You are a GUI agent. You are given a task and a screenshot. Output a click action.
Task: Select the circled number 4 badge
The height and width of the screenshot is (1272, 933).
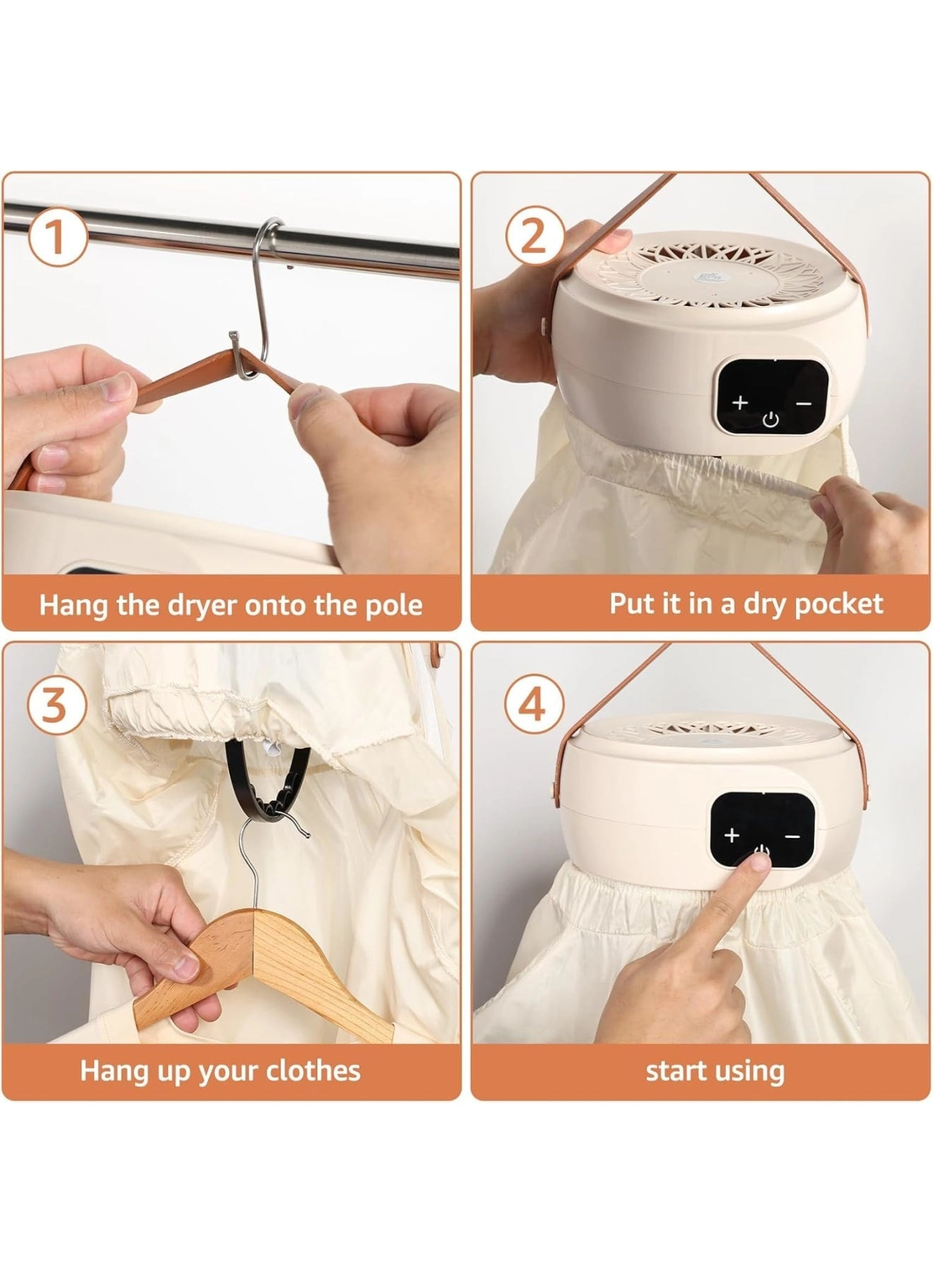click(534, 706)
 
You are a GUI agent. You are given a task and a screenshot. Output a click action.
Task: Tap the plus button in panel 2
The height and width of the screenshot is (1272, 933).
click(739, 403)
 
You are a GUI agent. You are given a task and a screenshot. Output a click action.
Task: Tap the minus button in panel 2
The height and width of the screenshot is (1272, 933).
click(804, 403)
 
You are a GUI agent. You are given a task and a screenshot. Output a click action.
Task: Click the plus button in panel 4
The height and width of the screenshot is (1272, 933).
click(732, 836)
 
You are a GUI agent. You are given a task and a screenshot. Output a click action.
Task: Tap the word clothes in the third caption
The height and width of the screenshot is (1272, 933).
click(312, 1071)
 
